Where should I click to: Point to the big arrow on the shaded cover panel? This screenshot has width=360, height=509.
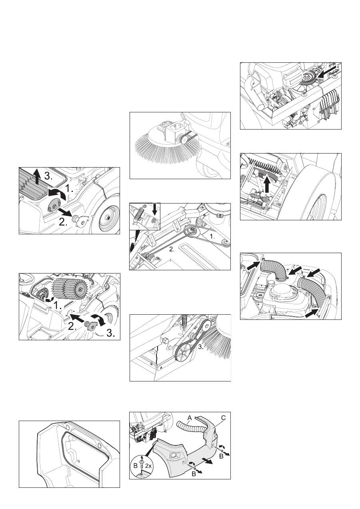[208, 461]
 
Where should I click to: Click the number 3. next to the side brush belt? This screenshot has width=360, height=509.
[201, 347]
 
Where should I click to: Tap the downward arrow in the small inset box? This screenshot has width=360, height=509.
[155, 209]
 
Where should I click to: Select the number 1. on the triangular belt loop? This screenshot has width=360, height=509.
[212, 236]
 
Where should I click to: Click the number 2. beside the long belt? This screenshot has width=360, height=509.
[172, 250]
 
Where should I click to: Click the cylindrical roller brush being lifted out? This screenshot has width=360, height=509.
[69, 288]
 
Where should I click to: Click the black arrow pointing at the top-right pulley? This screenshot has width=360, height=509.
[326, 72]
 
